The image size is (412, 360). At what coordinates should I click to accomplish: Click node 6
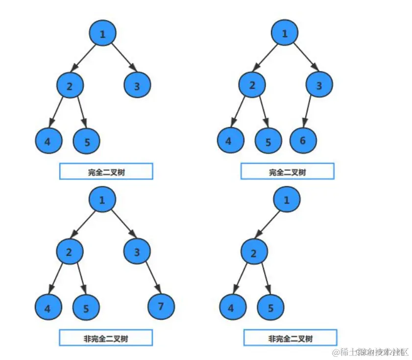point(303,141)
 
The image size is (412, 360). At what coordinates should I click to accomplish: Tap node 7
point(161,308)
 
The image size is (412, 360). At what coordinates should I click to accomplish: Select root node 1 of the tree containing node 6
point(285,34)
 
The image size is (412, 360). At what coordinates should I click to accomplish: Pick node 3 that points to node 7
point(137,253)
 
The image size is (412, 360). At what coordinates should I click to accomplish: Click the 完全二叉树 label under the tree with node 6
point(287,172)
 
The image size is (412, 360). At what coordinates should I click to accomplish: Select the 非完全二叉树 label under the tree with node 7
point(106,338)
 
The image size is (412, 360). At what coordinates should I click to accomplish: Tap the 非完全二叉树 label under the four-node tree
point(290,338)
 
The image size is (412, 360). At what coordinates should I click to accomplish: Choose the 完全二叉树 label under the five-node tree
point(106,172)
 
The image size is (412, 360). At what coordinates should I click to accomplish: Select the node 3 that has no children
point(137,86)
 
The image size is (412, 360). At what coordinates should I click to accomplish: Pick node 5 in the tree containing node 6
point(268,142)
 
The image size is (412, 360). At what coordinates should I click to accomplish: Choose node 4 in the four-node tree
point(231,308)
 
